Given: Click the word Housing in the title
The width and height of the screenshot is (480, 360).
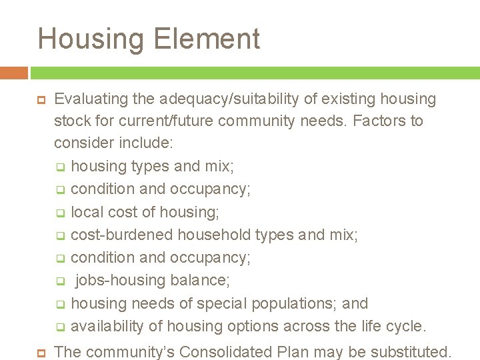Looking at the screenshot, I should (90, 39).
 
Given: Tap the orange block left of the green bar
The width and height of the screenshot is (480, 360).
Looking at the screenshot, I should (13, 73).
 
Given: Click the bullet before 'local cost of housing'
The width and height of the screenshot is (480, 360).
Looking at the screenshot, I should (59, 213).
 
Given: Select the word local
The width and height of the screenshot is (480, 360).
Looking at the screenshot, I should (85, 213).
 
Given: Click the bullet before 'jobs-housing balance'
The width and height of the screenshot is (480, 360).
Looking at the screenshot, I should (59, 281).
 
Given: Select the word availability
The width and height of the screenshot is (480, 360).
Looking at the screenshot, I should (106, 327).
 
